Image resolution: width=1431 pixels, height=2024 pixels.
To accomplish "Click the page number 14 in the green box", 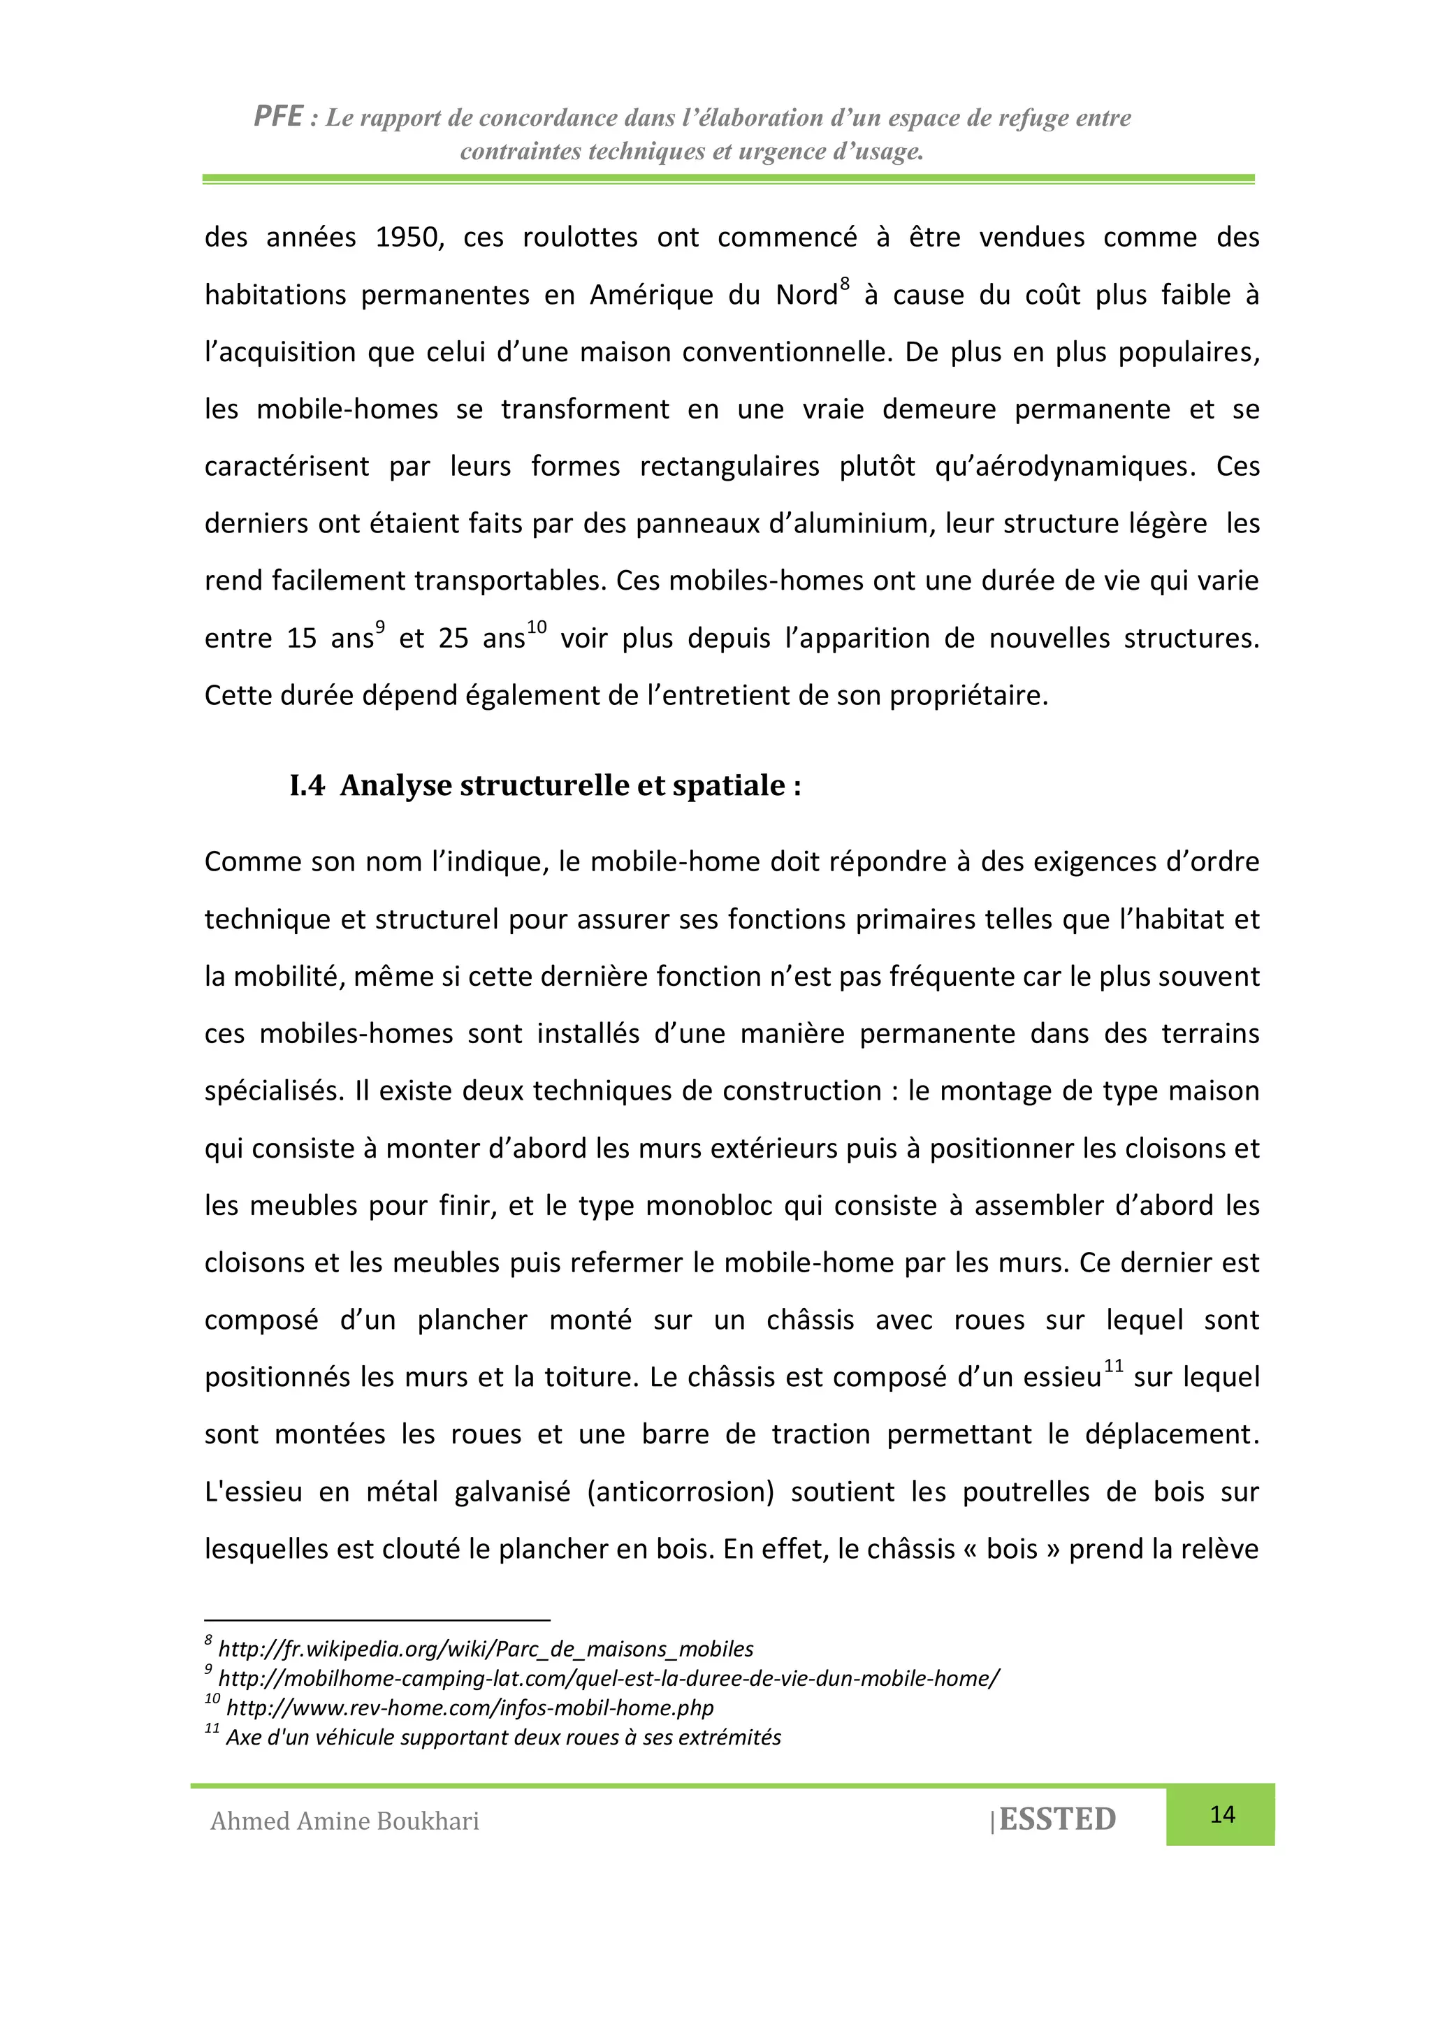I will click(x=1221, y=1814).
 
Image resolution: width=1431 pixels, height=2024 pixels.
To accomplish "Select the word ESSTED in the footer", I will click(x=1057, y=1819).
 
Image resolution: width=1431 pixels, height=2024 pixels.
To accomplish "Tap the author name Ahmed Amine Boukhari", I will click(x=344, y=1821).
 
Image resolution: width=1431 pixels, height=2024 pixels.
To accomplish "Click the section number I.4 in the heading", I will click(x=307, y=785).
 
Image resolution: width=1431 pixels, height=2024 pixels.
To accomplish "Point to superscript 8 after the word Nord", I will click(x=845, y=284).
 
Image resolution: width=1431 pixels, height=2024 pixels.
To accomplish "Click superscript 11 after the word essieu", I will click(x=1114, y=1365).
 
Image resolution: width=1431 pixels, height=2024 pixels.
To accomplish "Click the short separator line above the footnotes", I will click(x=377, y=1620).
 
